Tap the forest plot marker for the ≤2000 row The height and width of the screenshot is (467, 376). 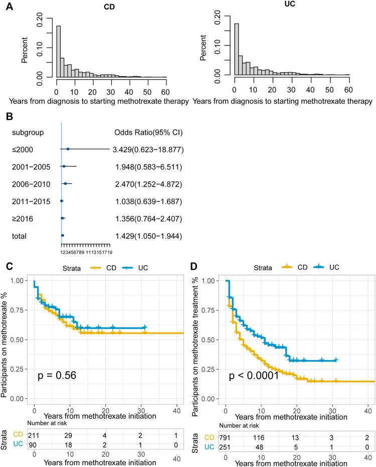[x=68, y=149]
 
